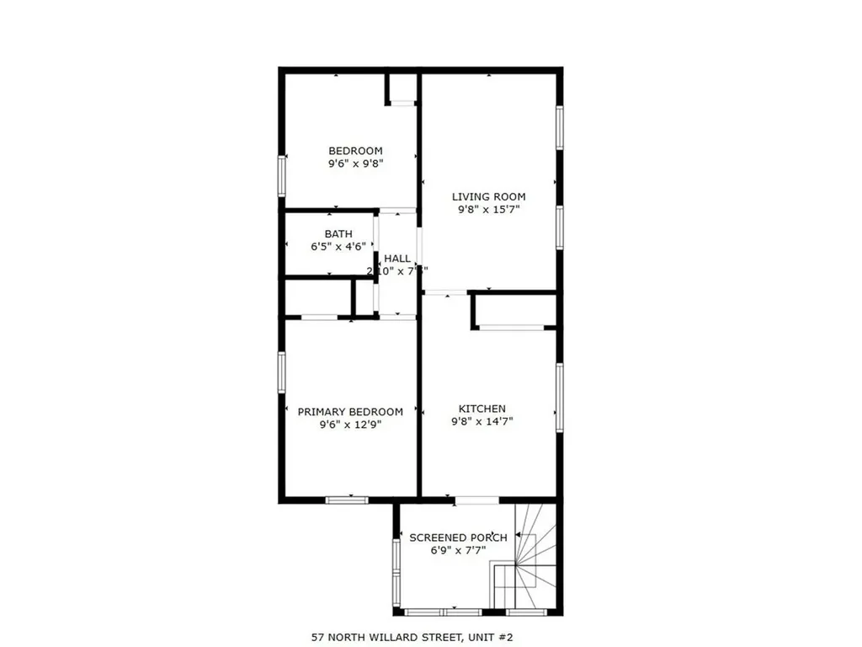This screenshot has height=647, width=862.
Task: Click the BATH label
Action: point(338,233)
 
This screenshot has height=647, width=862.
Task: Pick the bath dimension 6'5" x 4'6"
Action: point(338,247)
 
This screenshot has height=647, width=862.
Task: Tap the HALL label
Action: point(397,259)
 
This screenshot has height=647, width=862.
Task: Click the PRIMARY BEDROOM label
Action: point(350,412)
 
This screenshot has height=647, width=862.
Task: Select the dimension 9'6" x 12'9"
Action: point(350,425)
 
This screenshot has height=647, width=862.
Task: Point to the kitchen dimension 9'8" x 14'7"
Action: point(482,421)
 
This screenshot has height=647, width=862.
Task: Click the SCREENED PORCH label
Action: point(458,537)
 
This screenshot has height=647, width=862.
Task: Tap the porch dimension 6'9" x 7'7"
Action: point(458,551)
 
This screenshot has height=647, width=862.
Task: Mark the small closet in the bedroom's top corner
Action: point(402,88)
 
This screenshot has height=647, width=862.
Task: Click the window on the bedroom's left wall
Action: point(283,176)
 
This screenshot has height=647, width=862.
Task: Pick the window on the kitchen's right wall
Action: point(558,397)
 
